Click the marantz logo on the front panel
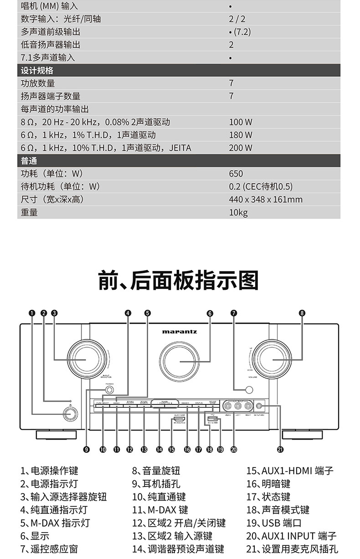pos(180,332)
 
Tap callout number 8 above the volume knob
pos(302,313)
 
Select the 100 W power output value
pos(240,122)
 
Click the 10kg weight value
pos(238,212)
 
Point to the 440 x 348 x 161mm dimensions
pos(265,200)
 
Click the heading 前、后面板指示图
pos(179,280)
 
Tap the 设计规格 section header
pos(37,71)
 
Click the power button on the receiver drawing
pos(70,414)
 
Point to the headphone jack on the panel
pos(109,390)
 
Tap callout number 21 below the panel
pos(280,450)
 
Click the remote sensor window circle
pos(248,390)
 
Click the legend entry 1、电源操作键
pos(49,471)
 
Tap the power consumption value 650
pos(236,174)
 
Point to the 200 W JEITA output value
pos(240,148)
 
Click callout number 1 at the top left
pos(31,313)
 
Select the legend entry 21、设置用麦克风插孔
pos(292,549)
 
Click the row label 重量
pos(29,212)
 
